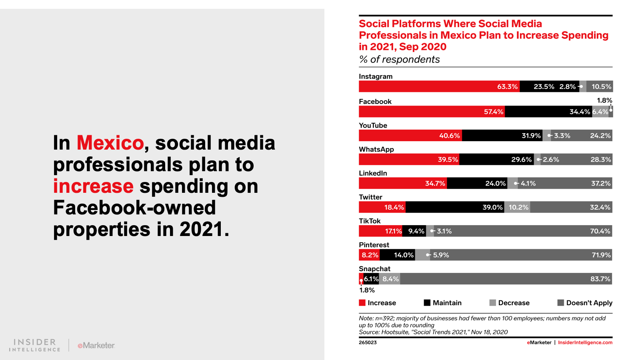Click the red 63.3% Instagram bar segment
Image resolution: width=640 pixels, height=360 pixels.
click(439, 86)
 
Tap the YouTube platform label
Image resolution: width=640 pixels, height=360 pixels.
click(373, 126)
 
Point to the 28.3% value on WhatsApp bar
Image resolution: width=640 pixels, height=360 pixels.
click(601, 160)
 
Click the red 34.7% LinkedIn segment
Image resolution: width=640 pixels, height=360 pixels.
click(403, 184)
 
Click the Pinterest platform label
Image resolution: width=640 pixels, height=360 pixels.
click(374, 245)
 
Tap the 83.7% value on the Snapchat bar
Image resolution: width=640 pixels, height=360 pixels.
click(600, 279)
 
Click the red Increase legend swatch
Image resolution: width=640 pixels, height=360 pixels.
click(362, 303)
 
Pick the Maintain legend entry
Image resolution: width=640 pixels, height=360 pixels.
click(443, 303)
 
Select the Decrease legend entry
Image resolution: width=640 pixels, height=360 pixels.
click(510, 303)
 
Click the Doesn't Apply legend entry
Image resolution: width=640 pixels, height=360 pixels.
click(585, 303)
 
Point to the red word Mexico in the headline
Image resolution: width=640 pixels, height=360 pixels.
click(110, 143)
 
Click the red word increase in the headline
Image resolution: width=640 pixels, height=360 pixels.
click(93, 186)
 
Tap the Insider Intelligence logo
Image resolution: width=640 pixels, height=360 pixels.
click(35, 345)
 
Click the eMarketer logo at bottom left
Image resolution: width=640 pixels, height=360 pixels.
click(96, 345)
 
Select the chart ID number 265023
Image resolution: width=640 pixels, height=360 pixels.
click(368, 342)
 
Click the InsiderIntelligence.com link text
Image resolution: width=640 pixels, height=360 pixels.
click(585, 342)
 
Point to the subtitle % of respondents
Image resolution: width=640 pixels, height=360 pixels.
click(399, 60)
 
